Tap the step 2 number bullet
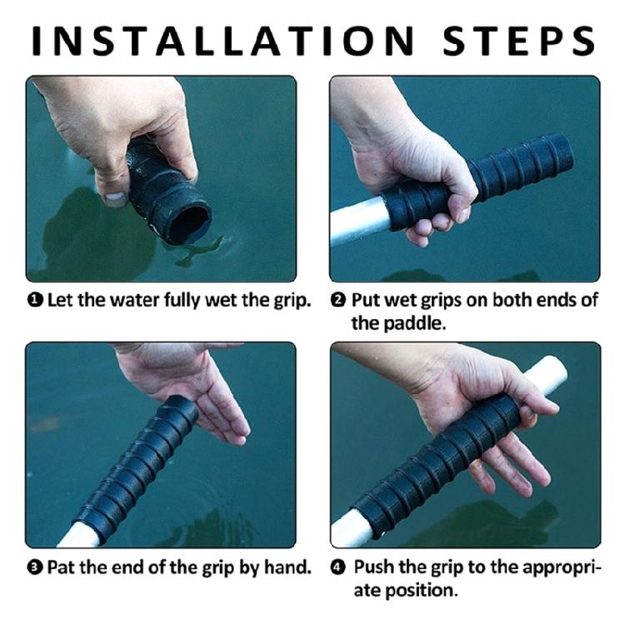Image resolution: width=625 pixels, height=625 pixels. pyautogui.click(x=338, y=301)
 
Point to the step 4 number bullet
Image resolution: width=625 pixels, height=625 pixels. pyautogui.click(x=338, y=568)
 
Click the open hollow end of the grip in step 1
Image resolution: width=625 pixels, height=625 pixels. pyautogui.click(x=190, y=222)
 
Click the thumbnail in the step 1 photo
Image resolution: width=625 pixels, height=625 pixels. pyautogui.click(x=115, y=198)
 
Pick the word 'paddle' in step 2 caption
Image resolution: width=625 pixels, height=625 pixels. pyautogui.click(x=400, y=322)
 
